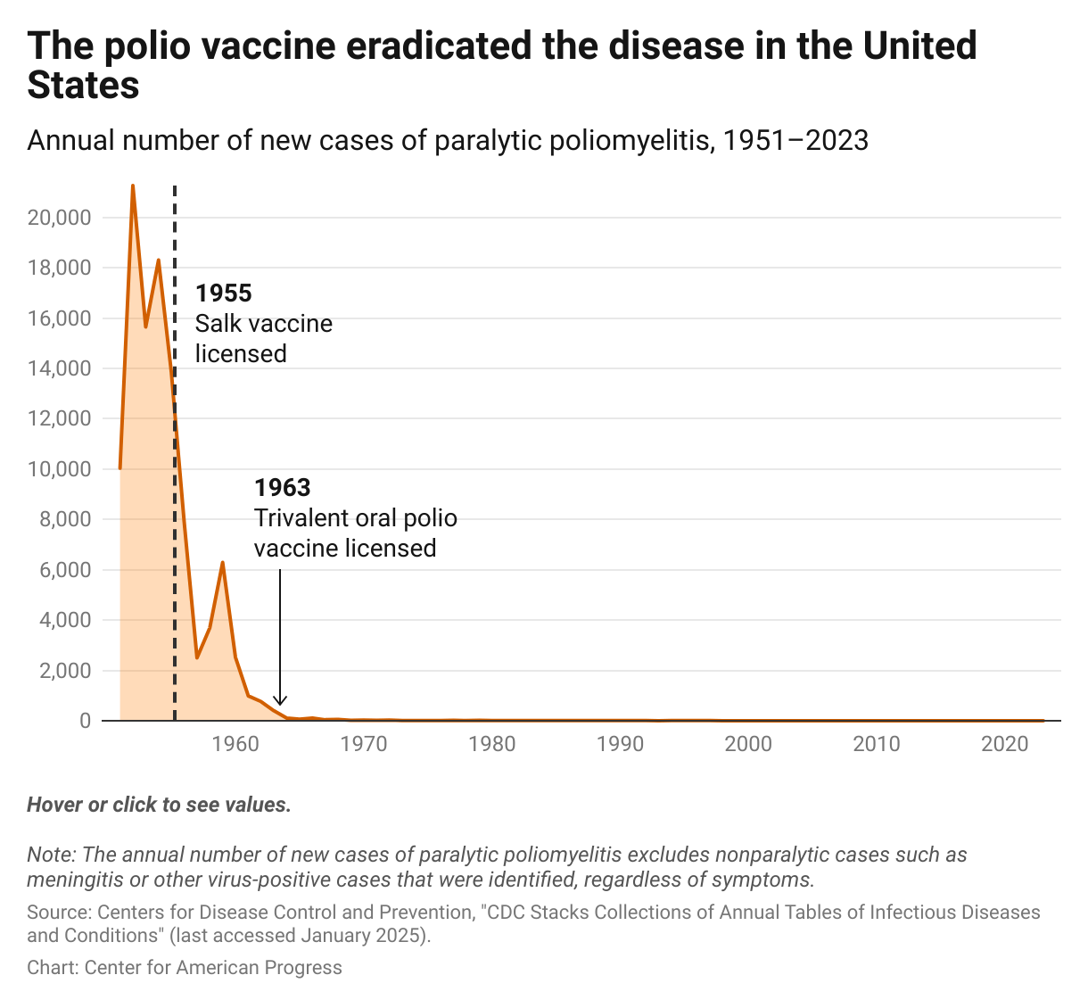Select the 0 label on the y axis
[85, 721]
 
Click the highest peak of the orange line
[133, 186]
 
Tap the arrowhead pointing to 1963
[280, 701]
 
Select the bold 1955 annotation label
[224, 293]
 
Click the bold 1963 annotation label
[283, 488]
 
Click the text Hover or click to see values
[159, 805]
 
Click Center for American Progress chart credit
[213, 968]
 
